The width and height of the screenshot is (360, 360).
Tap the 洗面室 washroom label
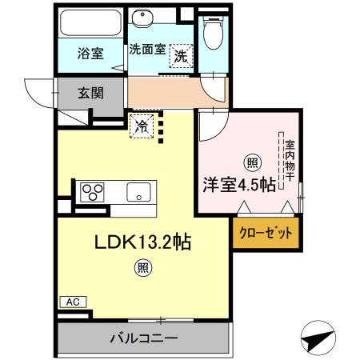[148, 50]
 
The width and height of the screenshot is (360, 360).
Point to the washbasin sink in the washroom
[146, 22]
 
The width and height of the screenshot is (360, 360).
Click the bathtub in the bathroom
[90, 23]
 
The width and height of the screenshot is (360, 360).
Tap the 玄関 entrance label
[90, 93]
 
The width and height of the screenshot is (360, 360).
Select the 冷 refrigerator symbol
[142, 126]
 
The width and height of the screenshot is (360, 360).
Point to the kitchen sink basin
[140, 192]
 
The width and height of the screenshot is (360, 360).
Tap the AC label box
[72, 302]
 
